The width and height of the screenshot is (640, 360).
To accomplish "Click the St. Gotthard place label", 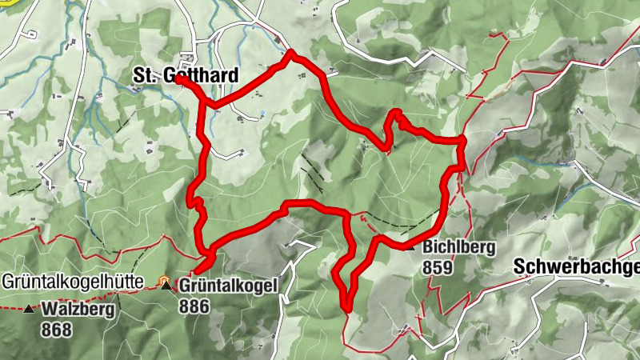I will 185,75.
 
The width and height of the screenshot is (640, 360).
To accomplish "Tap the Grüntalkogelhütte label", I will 72,282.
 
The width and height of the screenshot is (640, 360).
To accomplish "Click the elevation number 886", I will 194,306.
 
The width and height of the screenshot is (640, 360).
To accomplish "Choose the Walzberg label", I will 78,308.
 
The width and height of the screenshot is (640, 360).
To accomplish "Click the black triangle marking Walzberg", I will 30,309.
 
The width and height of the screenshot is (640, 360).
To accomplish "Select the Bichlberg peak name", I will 459,247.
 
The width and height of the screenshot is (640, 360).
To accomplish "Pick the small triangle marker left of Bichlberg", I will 411,248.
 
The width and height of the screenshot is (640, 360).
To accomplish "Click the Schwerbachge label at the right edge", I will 576,266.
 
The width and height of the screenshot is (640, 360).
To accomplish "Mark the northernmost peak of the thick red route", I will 291,54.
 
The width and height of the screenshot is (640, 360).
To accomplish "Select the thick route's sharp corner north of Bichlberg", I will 462,141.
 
